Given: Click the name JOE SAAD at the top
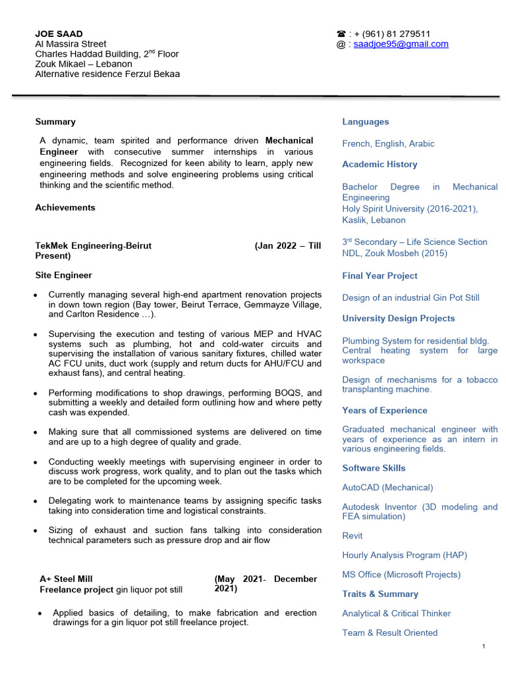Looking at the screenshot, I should click(x=59, y=34).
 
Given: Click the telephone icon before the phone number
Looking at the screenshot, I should click(x=341, y=34).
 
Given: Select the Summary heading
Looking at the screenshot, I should click(x=55, y=122).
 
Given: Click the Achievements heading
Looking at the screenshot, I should click(x=65, y=207).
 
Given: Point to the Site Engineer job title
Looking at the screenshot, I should click(x=63, y=275).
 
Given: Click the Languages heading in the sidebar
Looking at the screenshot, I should click(x=365, y=122).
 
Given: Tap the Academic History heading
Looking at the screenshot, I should click(x=379, y=165).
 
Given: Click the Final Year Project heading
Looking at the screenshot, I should click(x=379, y=276).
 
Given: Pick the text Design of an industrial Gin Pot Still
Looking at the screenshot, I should click(x=410, y=298).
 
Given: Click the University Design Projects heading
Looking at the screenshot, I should click(x=398, y=319).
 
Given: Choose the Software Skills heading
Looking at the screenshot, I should click(x=374, y=468).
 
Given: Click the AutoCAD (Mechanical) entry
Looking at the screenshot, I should click(x=387, y=488).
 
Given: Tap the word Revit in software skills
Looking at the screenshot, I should click(x=352, y=536).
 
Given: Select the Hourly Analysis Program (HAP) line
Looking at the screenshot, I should click(x=405, y=555).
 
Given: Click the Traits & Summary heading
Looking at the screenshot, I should click(x=380, y=594).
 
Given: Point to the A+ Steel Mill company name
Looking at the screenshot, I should click(x=67, y=579).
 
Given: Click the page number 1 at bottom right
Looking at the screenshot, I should click(x=483, y=647).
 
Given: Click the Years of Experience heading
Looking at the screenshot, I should click(x=384, y=410).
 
